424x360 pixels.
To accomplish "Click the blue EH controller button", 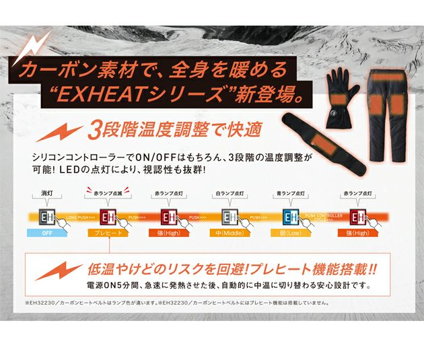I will tap(291, 217).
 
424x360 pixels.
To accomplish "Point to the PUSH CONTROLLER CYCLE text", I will tap(324, 217).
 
